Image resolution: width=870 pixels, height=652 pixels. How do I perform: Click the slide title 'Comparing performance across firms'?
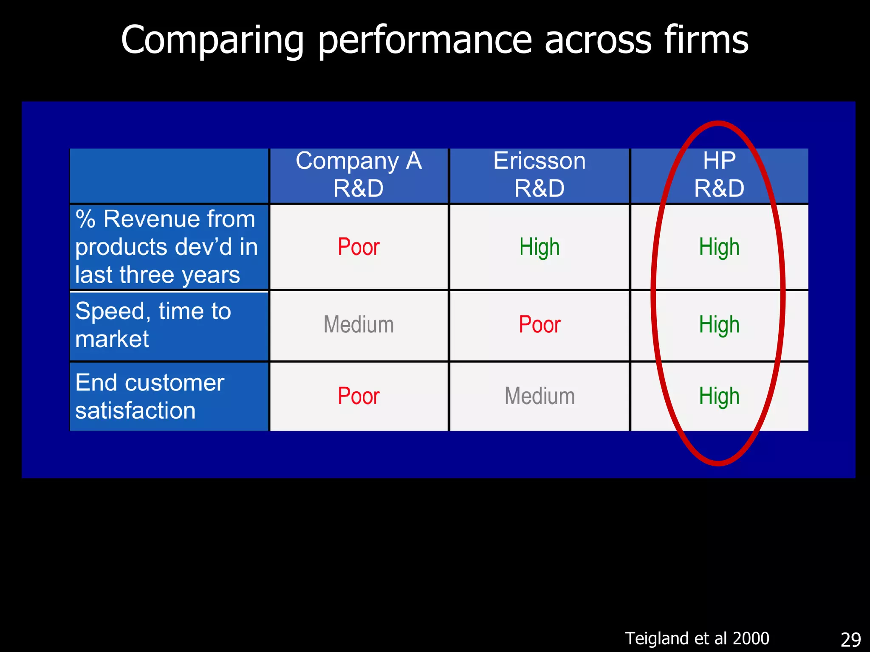tap(434, 40)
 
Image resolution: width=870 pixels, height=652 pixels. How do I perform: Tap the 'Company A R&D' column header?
tap(359, 174)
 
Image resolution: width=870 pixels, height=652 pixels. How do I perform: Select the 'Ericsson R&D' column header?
tap(539, 174)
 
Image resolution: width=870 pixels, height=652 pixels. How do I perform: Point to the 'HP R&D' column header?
tap(719, 174)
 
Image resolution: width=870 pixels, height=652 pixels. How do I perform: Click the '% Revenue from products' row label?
tap(167, 247)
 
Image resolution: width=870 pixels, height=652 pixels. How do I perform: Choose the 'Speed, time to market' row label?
tap(153, 325)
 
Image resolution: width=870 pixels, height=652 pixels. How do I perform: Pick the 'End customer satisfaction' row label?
tap(150, 396)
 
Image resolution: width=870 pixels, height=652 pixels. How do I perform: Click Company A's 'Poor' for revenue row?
tap(359, 247)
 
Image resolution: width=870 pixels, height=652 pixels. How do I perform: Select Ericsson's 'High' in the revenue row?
tap(540, 247)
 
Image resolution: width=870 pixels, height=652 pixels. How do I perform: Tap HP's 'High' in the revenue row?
tap(719, 247)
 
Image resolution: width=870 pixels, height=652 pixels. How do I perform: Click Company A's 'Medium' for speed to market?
tap(359, 325)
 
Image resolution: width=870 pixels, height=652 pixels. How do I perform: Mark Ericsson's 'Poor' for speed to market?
tap(540, 325)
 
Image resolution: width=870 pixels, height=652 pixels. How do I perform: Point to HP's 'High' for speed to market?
tap(719, 325)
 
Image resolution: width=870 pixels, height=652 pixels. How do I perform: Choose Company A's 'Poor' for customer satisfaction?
tap(359, 396)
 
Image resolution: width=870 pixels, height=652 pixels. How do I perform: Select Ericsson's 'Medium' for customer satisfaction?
tap(540, 396)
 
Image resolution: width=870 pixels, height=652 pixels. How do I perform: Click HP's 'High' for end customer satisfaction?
tap(719, 396)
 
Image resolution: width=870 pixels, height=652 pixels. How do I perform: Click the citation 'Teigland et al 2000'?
tap(697, 638)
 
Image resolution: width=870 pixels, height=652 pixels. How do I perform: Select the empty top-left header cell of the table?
tap(169, 175)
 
